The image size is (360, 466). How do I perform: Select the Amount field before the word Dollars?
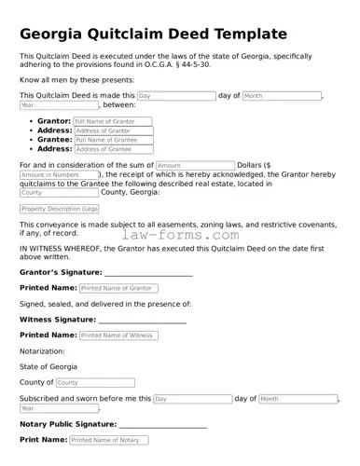click(x=195, y=165)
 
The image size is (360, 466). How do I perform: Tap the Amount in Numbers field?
click(x=58, y=174)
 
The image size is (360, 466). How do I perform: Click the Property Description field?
click(x=59, y=209)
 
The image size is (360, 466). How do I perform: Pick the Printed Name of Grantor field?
click(x=119, y=288)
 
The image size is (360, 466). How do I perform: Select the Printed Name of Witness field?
click(x=118, y=335)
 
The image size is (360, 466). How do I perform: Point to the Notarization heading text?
click(x=43, y=351)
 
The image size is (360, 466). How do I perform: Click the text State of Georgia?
click(x=49, y=367)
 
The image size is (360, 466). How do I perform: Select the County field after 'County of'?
click(x=94, y=382)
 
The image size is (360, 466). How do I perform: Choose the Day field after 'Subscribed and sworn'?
click(x=192, y=399)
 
